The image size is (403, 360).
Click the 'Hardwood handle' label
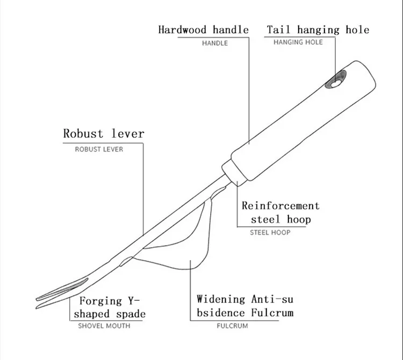pyautogui.click(x=203, y=30)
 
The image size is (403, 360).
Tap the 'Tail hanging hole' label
pyautogui.click(x=318, y=30)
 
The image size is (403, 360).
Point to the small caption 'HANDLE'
pyautogui.click(x=215, y=43)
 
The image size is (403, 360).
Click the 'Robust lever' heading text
pyautogui.click(x=104, y=133)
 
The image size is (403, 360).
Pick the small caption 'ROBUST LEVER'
pyautogui.click(x=99, y=149)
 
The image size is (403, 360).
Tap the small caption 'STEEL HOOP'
pyautogui.click(x=270, y=233)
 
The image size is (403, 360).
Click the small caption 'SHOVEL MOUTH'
pyautogui.click(x=104, y=326)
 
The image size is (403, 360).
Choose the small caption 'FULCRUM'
pyautogui.click(x=232, y=326)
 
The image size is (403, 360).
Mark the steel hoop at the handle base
pyautogui.click(x=232, y=174)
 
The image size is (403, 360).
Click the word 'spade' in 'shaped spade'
pyautogui.click(x=129, y=314)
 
